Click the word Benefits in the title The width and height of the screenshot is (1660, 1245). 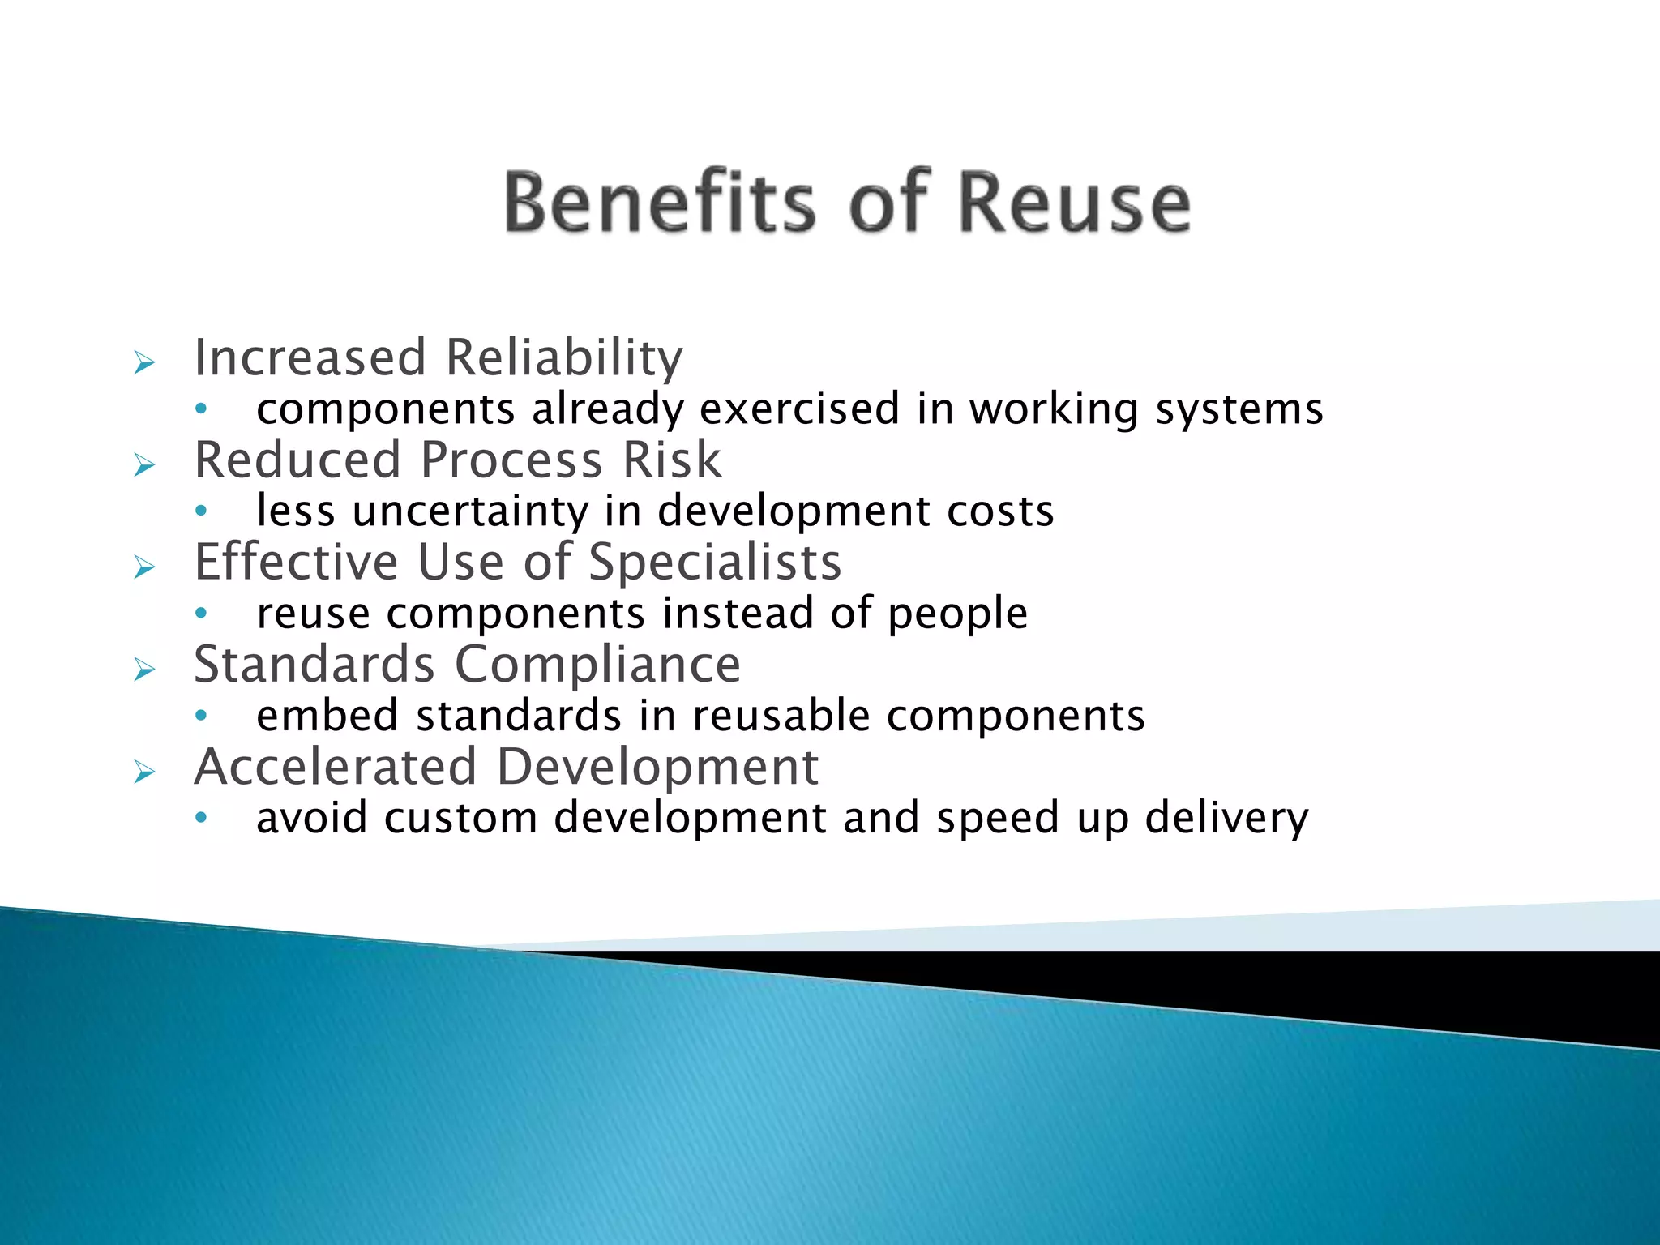[659, 202]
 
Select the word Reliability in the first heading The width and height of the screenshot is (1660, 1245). [564, 357]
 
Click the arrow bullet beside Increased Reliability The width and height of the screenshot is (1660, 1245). [144, 362]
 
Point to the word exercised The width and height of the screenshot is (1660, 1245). [799, 409]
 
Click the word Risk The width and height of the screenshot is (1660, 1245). [671, 460]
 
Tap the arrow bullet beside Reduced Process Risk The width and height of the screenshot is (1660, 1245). [144, 465]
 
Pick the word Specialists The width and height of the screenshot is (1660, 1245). [715, 562]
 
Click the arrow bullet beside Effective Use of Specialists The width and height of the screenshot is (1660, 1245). [144, 567]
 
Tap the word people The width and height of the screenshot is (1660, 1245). [957, 614]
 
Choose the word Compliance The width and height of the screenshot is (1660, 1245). [597, 665]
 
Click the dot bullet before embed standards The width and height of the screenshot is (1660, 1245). [201, 716]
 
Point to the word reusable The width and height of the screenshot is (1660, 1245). [781, 716]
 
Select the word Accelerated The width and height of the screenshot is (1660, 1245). [336, 767]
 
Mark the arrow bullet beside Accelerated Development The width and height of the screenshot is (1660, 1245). [144, 772]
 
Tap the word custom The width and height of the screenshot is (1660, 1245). [460, 818]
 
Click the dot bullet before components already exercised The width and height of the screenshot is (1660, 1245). [201, 409]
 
